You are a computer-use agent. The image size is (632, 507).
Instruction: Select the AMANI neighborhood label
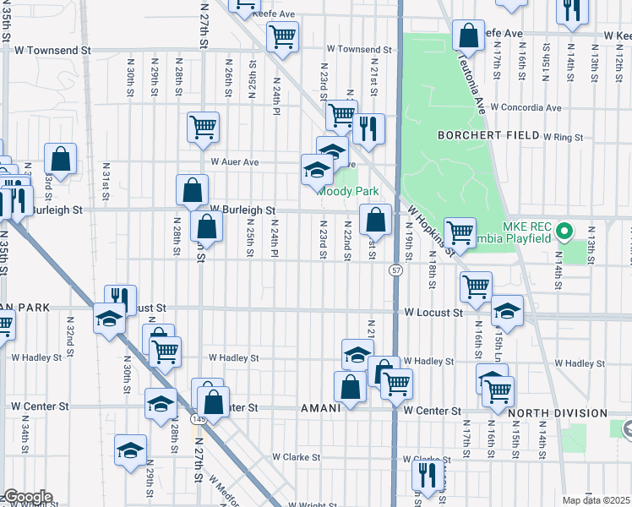pos(321,407)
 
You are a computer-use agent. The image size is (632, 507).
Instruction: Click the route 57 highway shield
pos(395,270)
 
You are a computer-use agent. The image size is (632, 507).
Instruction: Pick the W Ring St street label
pos(564,136)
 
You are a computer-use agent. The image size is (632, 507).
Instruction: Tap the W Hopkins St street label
pos(431,228)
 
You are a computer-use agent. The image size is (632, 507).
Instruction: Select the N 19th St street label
pos(408,242)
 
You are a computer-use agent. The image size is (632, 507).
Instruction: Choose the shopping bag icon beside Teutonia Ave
pos(467,35)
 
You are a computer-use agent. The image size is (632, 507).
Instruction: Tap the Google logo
pos(27,497)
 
